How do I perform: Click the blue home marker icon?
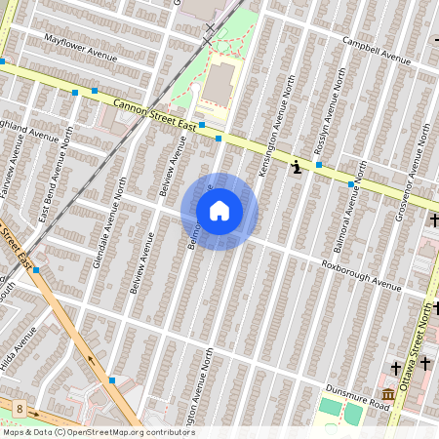tap(219, 211)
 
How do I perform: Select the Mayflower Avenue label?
tap(81, 48)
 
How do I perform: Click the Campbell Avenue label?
tap(376, 49)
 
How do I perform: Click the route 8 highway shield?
tap(19, 405)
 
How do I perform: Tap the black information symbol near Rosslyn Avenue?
tap(296, 168)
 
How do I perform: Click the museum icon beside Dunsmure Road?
tap(387, 394)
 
